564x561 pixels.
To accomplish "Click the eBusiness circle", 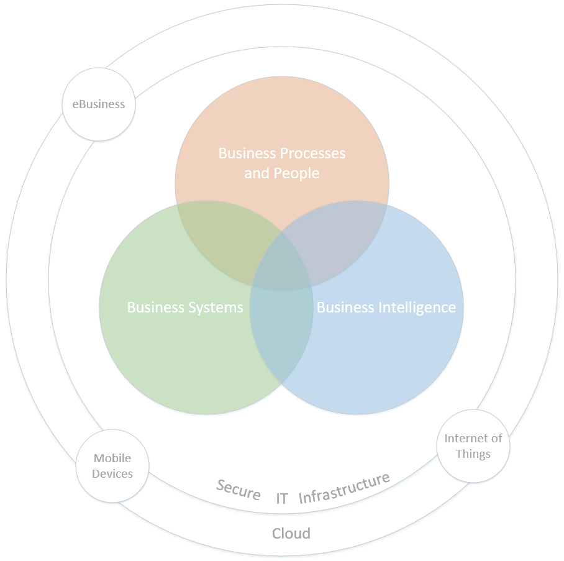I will pyautogui.click(x=99, y=104).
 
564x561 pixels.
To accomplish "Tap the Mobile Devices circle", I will pyautogui.click(x=112, y=466).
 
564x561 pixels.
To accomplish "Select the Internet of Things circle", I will pyautogui.click(x=473, y=446).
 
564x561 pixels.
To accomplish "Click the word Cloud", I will pyautogui.click(x=291, y=533).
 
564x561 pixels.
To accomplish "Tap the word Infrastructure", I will pyautogui.click(x=344, y=488).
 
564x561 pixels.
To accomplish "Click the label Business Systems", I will pyautogui.click(x=184, y=308).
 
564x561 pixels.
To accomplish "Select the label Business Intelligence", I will pyautogui.click(x=386, y=308).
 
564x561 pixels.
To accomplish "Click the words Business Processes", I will pyautogui.click(x=281, y=153).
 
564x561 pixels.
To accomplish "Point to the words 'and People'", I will pyautogui.click(x=281, y=173).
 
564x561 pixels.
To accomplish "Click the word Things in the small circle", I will pyautogui.click(x=473, y=454).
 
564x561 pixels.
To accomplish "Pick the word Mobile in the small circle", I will pyautogui.click(x=112, y=458).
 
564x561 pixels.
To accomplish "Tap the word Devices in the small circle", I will pyautogui.click(x=112, y=474).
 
